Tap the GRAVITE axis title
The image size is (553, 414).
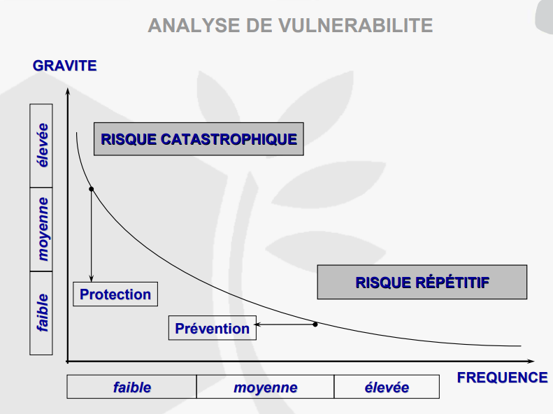click(64, 66)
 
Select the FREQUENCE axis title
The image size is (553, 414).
click(502, 378)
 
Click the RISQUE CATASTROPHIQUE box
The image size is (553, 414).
click(199, 139)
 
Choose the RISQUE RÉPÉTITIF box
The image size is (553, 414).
click(422, 283)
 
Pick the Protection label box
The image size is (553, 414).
click(115, 294)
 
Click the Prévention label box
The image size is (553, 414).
click(213, 328)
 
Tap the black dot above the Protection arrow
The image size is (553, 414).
click(92, 189)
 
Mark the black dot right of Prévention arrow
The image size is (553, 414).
click(315, 324)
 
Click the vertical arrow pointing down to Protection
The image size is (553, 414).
click(92, 238)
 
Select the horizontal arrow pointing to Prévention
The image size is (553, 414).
click(283, 324)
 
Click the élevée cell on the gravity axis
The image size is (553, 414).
click(42, 145)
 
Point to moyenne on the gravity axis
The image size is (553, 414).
click(42, 229)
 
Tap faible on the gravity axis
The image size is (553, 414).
click(42, 313)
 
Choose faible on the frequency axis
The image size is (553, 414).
click(131, 387)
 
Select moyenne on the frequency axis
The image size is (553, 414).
click(265, 387)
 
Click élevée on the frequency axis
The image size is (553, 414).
click(387, 387)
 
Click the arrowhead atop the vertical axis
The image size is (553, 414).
click(67, 92)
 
